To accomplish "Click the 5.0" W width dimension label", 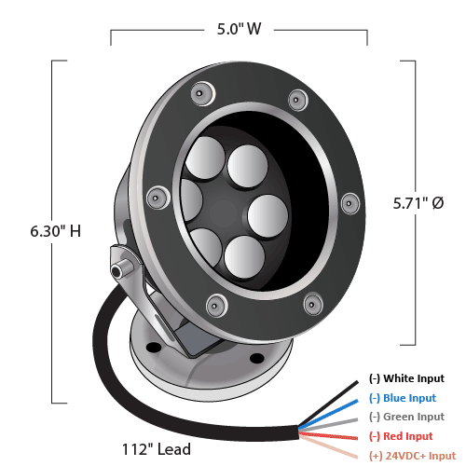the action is (239, 29).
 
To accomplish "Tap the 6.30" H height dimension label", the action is (56, 231).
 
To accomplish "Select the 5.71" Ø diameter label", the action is (418, 203).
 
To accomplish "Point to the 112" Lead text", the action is (157, 449).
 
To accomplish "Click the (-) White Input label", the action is (406, 378).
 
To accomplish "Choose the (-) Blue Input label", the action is (403, 398).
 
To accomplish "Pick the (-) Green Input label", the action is (406, 417).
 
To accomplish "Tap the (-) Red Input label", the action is (401, 436).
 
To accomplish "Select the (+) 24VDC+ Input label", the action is (413, 456).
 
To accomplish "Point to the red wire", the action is (329, 435).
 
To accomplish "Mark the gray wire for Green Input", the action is (329, 425).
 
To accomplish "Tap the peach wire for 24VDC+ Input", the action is (329, 446).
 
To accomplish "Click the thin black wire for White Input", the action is (329, 404).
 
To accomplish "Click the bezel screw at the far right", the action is (350, 204).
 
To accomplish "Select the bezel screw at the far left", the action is (158, 198).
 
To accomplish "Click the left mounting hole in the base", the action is (154, 348).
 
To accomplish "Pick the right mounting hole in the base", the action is (257, 358).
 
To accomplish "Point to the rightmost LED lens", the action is (267, 216).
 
